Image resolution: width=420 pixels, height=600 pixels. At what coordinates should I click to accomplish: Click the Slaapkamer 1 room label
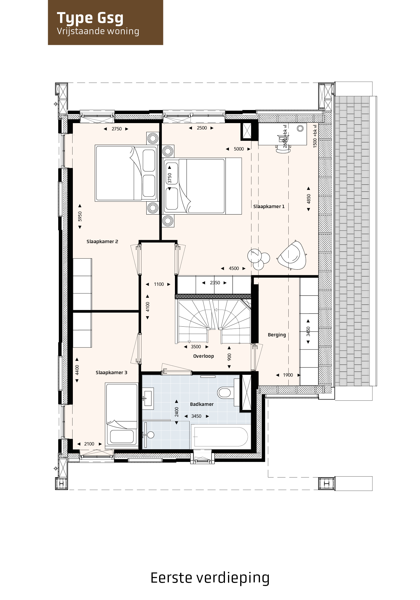(x=269, y=207)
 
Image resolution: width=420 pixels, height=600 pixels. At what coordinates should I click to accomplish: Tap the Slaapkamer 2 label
(x=102, y=242)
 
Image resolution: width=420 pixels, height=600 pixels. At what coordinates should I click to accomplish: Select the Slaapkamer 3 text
(x=112, y=373)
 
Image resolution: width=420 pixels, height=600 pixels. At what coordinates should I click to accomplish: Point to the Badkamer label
(x=202, y=404)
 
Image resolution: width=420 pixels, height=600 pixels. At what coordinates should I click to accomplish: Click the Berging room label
(x=277, y=335)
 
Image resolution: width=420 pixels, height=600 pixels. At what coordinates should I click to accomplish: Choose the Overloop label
(x=204, y=356)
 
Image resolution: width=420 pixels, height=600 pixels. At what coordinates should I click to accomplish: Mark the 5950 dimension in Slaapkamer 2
(x=80, y=216)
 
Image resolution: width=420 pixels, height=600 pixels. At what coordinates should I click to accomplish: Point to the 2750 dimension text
(x=116, y=129)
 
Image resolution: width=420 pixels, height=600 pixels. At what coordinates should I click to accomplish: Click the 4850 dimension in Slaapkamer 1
(x=308, y=199)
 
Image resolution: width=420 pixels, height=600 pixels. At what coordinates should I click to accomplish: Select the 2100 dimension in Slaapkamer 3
(x=89, y=444)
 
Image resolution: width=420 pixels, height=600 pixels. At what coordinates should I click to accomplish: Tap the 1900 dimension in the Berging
(x=288, y=375)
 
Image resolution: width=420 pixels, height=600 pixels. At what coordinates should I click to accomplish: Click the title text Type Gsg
(x=90, y=18)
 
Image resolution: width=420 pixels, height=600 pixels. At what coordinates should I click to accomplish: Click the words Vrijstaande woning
(x=98, y=31)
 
